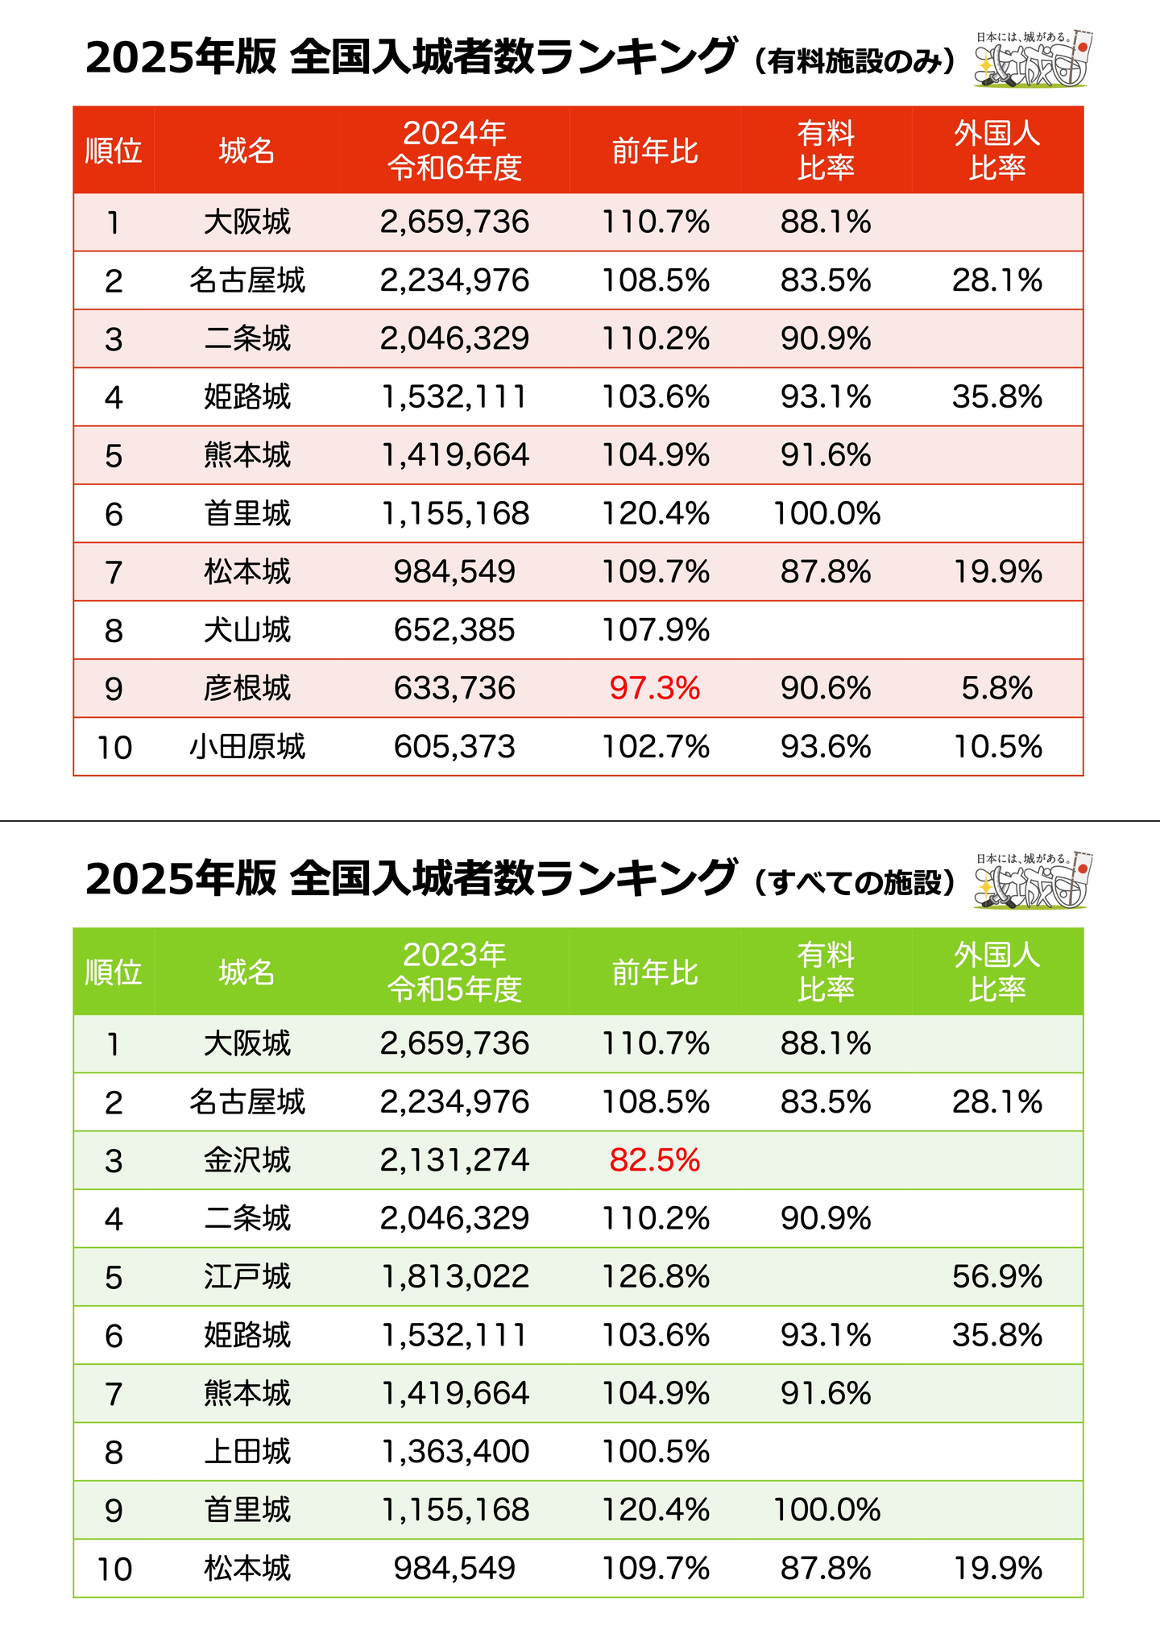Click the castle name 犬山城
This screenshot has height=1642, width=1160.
pos(246,630)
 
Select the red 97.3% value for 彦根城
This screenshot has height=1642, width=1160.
pos(655,688)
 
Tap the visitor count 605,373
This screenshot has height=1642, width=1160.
pos(454,747)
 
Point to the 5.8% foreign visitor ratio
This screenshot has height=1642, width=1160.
pos(996,688)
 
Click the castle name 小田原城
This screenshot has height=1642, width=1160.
pos(246,747)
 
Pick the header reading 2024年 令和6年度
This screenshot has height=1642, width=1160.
pos(454,150)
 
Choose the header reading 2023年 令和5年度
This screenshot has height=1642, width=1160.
pos(454,972)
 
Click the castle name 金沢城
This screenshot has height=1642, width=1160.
pos(246,1160)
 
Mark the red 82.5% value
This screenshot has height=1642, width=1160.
pos(655,1160)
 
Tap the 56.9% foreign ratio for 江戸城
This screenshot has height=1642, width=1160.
pos(996,1277)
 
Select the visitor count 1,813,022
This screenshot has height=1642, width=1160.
pos(454,1277)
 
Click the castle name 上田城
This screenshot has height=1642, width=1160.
pos(246,1452)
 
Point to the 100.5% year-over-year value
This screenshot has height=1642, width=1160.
pos(656,1452)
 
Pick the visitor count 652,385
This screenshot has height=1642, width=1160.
pos(454,630)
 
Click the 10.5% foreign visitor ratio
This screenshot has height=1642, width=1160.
pos(997,747)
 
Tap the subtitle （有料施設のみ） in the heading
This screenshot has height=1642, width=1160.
pos(855,61)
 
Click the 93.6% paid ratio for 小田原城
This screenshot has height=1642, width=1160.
pos(826,747)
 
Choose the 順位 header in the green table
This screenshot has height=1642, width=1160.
pos(114,972)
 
